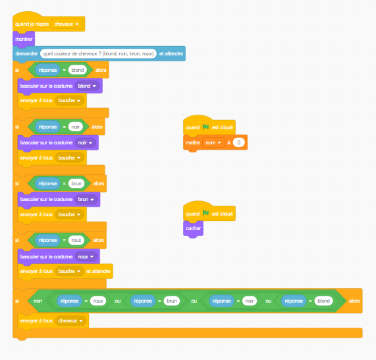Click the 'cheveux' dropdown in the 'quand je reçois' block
coord(67,24)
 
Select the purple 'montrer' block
coord(24,39)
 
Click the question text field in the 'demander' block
coord(98,53)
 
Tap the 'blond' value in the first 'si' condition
coord(78,70)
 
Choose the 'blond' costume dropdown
coord(87,86)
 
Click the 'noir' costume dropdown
coord(85,142)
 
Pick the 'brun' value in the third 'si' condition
coord(76,183)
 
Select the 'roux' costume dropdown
coord(86,256)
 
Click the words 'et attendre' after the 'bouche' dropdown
coord(98,271)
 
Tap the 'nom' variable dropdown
coord(213,142)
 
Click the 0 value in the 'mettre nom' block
coord(238,142)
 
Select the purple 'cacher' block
coord(194,228)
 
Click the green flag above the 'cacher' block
coord(205,213)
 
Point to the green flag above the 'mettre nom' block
coord(205,127)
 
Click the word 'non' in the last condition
coord(38,301)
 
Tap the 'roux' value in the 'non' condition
coord(98,301)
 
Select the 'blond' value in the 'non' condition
coord(323,301)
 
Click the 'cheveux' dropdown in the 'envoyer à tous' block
coord(70,320)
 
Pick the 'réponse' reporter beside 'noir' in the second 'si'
coord(47,127)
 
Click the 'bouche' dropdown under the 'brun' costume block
coord(69,214)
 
